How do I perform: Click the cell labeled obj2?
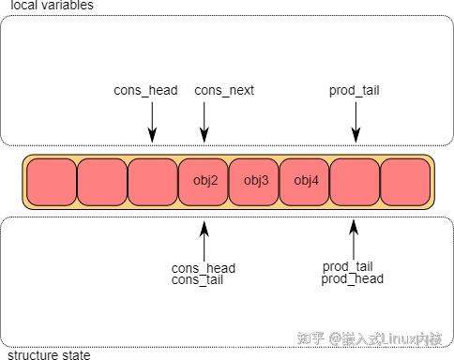204,181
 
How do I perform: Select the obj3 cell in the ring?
255,181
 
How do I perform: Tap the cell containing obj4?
306,181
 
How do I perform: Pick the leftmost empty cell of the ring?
52,181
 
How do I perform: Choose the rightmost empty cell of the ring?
406,181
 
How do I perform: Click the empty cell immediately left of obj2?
152,181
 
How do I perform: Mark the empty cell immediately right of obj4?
356,181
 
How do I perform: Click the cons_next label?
224,91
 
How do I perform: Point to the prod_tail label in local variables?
354,91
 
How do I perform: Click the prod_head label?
352,278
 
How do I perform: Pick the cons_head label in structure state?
203,268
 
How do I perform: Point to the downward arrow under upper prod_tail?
356,122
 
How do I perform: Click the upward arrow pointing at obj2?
204,238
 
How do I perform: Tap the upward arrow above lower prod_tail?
354,238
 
